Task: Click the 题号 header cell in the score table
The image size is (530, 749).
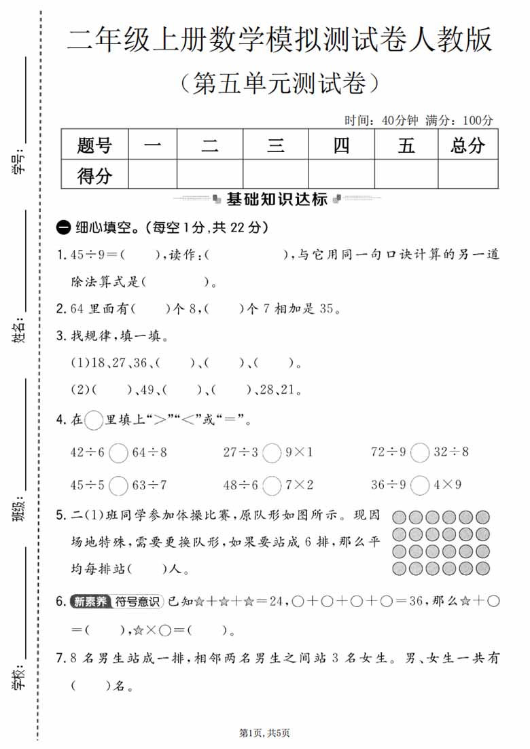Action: point(94,145)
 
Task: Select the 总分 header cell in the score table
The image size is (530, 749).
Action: point(467,145)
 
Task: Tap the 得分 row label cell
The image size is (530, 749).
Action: point(94,176)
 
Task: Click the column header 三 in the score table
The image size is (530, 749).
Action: point(275,145)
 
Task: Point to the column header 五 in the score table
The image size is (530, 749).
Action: point(406,145)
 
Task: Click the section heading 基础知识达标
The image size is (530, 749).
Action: point(277,199)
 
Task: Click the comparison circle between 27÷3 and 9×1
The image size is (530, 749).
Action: point(272,452)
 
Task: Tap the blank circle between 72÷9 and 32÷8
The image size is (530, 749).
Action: point(420,452)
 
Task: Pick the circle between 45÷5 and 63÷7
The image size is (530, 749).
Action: point(118,486)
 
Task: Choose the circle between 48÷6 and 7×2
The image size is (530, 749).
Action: point(272,486)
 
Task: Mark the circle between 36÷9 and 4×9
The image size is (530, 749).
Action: point(420,486)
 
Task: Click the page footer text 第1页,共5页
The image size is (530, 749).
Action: point(265,733)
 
